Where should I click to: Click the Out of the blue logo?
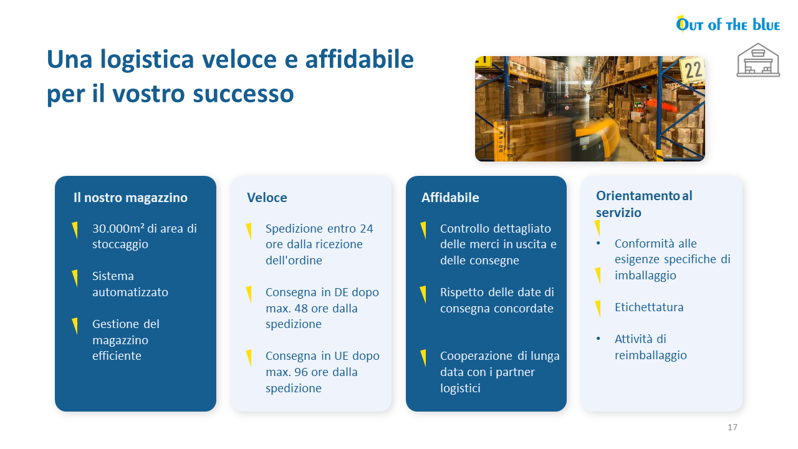point(728,24)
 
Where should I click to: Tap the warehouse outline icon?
point(758,60)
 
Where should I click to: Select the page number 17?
point(733,427)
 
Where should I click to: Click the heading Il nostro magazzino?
point(130,198)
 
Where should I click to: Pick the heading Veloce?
point(267,198)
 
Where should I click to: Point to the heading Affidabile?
point(450,198)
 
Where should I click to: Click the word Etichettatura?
point(649,307)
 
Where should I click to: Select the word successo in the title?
point(243,94)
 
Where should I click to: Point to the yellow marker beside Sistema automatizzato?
point(75,278)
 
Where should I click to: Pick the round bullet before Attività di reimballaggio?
point(598,339)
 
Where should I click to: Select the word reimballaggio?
point(651,355)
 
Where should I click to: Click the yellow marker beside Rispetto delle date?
point(423,294)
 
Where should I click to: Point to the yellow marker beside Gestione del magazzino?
point(75,326)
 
